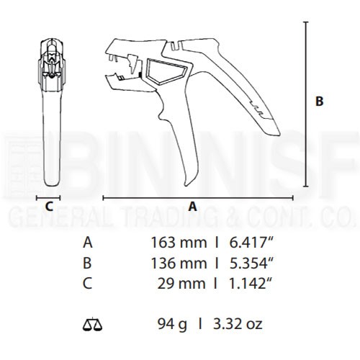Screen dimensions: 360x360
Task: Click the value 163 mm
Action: (179, 243)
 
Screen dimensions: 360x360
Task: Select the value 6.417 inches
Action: (252, 243)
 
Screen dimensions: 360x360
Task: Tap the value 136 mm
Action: (179, 263)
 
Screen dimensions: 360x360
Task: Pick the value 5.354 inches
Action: (252, 263)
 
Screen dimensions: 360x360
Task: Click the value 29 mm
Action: (181, 284)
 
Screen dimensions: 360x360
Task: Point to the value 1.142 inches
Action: (251, 284)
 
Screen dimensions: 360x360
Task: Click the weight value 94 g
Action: (172, 325)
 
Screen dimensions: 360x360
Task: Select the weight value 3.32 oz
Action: (238, 324)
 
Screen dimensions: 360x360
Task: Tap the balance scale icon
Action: (92, 324)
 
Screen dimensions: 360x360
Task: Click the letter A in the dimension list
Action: (88, 243)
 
